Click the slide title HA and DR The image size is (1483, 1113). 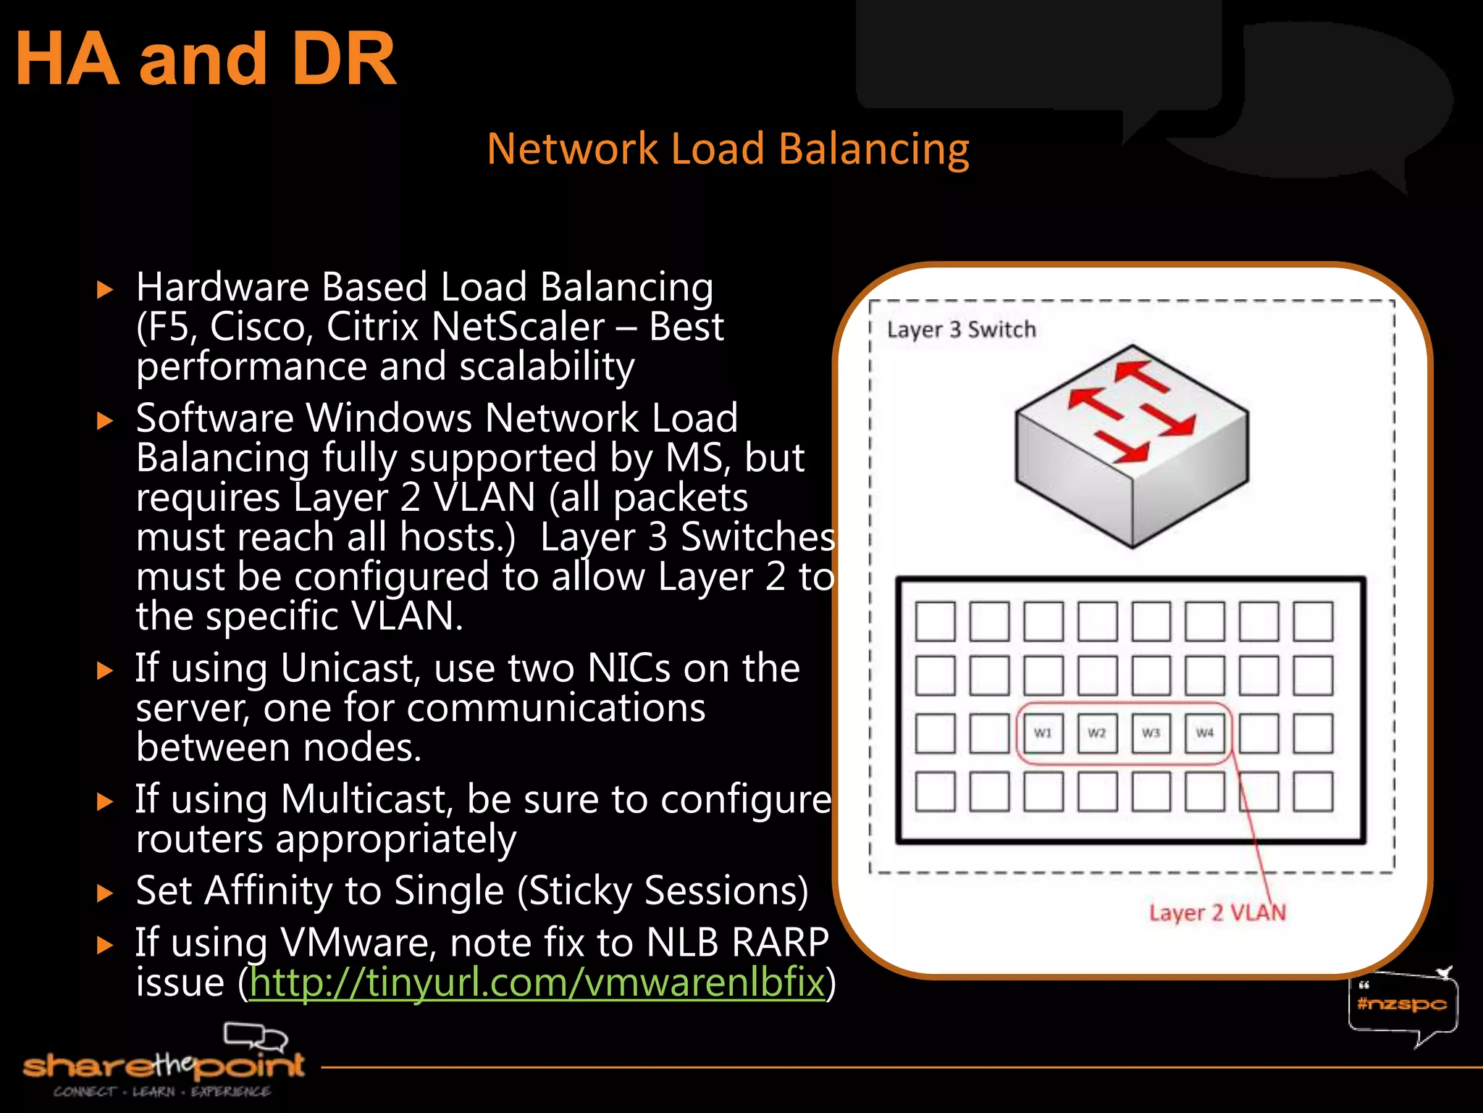click(x=206, y=59)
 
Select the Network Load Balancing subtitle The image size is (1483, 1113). click(x=728, y=149)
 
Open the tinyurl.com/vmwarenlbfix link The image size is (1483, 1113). click(x=537, y=983)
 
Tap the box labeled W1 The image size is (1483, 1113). click(x=1043, y=733)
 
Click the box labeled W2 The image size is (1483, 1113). click(x=1097, y=733)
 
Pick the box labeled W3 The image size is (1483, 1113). click(x=1151, y=733)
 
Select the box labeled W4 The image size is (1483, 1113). click(x=1204, y=733)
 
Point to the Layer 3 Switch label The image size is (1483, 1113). click(x=961, y=330)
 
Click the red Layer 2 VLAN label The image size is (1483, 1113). click(x=1217, y=912)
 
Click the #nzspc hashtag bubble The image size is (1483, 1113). click(x=1401, y=1004)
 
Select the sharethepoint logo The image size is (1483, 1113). click(x=164, y=1065)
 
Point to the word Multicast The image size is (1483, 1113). click(x=367, y=799)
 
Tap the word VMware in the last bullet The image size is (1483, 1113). click(x=358, y=943)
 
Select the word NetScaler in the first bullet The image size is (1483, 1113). click(x=518, y=327)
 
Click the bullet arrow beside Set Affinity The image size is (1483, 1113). click(x=106, y=893)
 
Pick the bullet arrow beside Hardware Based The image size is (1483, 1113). click(x=106, y=291)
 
